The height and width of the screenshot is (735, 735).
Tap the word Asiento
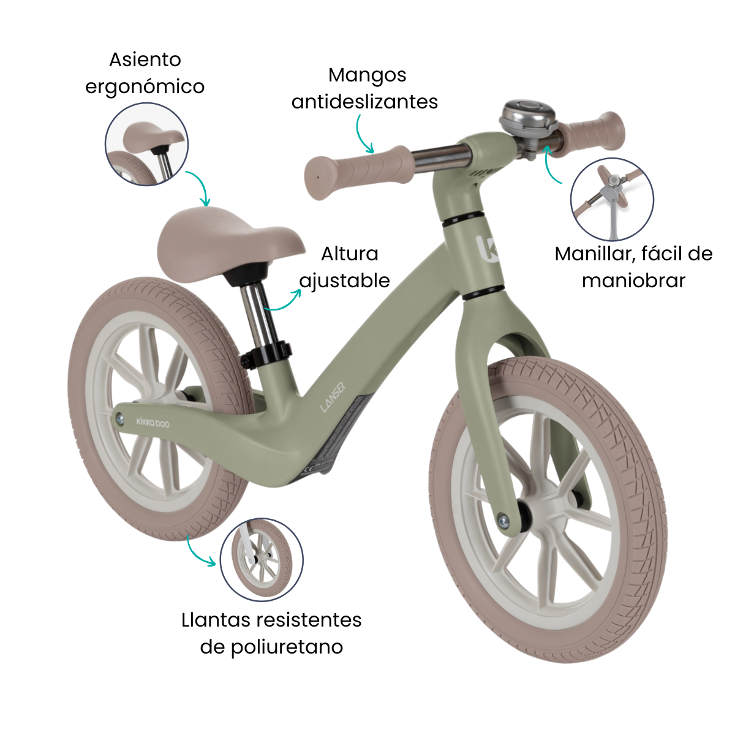click(145, 60)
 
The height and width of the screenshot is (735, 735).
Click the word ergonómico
click(145, 87)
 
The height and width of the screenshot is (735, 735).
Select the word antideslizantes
click(364, 102)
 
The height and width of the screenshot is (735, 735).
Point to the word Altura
click(349, 254)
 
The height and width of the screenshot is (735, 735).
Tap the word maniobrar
click(633, 281)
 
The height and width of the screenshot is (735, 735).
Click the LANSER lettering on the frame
click(333, 398)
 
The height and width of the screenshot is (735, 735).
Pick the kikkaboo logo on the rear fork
click(153, 422)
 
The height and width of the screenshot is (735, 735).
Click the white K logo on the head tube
click(487, 249)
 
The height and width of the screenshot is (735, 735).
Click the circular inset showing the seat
click(146, 144)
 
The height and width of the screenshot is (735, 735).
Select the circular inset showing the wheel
click(262, 560)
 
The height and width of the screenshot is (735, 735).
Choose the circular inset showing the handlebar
click(612, 199)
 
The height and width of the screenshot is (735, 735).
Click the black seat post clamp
click(265, 355)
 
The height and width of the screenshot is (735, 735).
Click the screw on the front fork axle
click(504, 519)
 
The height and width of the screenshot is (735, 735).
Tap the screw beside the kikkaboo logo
click(120, 420)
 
